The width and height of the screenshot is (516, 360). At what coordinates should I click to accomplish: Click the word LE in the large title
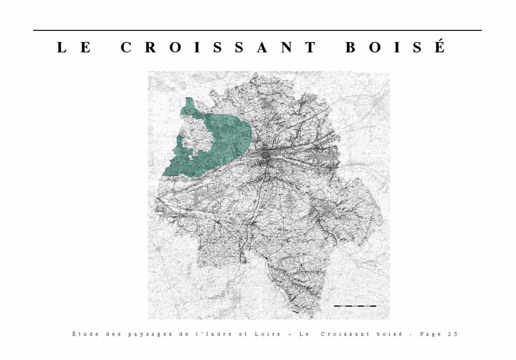point(74,47)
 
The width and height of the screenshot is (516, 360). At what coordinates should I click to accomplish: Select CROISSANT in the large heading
point(219,47)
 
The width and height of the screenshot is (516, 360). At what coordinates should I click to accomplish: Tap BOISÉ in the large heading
point(395,47)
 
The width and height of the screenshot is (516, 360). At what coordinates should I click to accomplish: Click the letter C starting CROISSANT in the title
point(126,47)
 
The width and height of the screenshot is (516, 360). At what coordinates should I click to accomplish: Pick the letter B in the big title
point(351,47)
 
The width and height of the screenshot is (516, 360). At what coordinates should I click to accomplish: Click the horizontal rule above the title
point(257,30)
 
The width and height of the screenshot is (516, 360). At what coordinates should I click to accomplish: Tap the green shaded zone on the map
point(221,138)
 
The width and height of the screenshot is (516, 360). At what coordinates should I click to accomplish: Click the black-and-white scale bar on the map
point(355,305)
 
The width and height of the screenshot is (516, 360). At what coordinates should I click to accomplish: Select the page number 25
point(453,334)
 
